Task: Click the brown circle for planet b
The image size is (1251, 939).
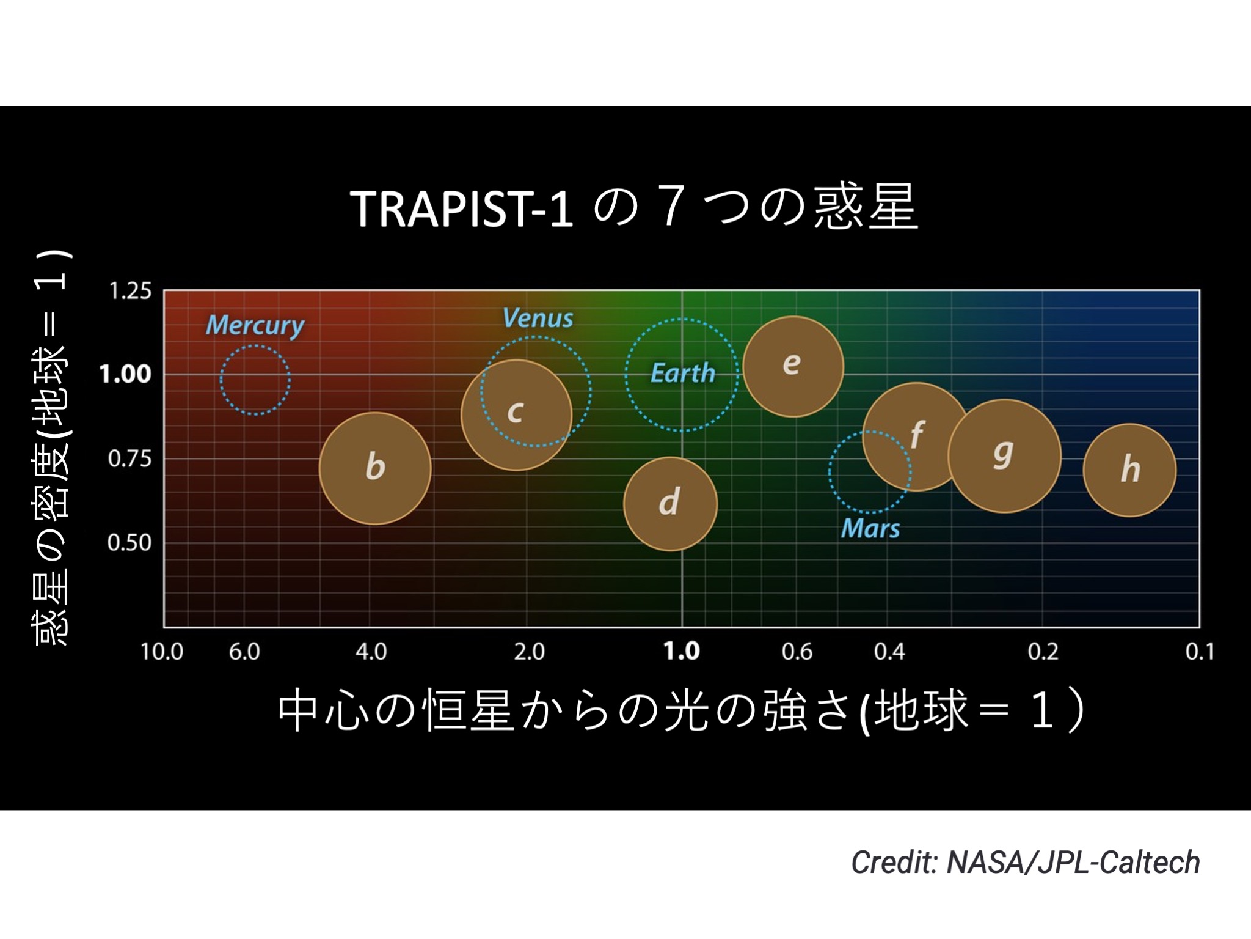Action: point(375,468)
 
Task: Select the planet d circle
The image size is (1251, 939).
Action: point(670,504)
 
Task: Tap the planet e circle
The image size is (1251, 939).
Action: point(793,366)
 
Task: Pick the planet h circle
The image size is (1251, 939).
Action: point(1129,469)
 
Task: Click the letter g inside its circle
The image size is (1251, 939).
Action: point(1003,453)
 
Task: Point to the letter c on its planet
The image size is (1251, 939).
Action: point(515,411)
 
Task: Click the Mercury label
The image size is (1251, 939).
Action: point(255,325)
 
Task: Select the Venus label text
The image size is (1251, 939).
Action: point(538,318)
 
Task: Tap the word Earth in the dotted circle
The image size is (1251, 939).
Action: point(682,373)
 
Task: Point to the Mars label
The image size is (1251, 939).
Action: point(870,528)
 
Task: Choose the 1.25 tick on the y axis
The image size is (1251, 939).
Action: point(130,291)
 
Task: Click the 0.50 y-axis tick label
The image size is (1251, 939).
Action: point(129,543)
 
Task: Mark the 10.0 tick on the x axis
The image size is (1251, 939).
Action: point(162,652)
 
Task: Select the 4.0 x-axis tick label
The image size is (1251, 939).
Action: point(371,652)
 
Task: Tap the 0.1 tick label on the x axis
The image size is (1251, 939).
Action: point(1200,652)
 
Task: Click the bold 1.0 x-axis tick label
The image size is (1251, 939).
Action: point(682,652)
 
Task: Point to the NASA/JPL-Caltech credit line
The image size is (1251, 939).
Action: point(1026,863)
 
